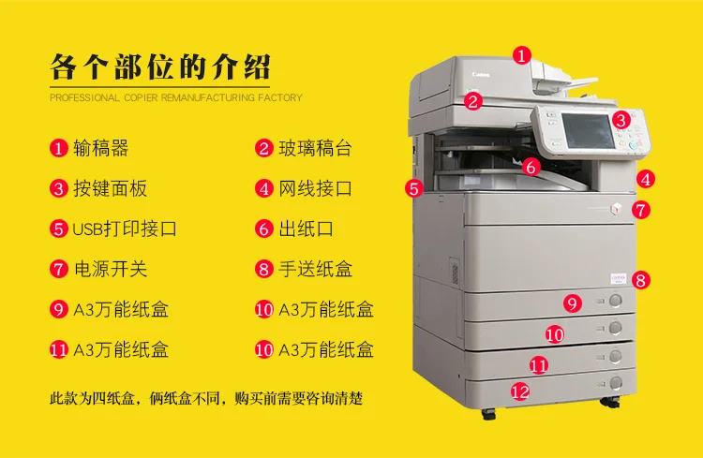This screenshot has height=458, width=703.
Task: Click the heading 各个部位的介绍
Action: (160, 67)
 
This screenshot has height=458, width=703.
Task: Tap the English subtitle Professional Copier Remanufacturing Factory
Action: (176, 97)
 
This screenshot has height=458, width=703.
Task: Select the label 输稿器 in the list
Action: (100, 148)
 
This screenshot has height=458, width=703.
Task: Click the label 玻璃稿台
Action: (315, 148)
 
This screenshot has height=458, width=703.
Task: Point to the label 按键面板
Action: (110, 188)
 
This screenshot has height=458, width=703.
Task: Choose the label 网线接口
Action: (315, 188)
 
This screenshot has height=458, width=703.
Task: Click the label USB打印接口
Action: (124, 229)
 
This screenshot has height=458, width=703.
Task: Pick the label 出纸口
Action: (306, 229)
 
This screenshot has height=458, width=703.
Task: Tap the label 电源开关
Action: (111, 269)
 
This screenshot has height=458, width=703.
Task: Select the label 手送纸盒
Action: (315, 269)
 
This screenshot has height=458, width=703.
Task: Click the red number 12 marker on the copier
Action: (520, 392)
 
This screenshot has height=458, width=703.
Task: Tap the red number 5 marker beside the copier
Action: (413, 188)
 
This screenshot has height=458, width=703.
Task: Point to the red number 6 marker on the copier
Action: (531, 167)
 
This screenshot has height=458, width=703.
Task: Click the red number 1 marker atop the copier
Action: (521, 55)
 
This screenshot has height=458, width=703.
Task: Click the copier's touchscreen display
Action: (587, 131)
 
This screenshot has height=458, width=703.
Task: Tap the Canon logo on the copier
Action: (481, 74)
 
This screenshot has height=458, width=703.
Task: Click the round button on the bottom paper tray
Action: (616, 383)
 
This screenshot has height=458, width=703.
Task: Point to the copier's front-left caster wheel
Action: (488, 415)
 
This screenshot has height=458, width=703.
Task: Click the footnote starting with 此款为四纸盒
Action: (206, 398)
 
